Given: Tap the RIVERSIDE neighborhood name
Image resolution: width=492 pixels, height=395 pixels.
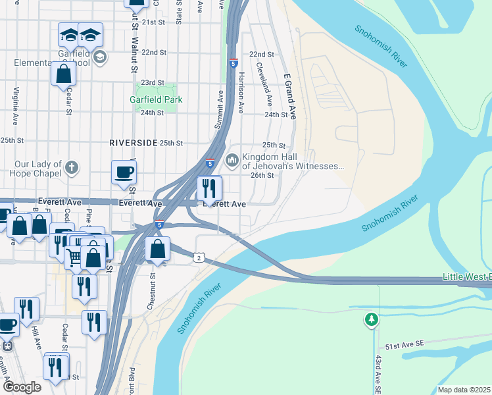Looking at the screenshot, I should pos(134,143).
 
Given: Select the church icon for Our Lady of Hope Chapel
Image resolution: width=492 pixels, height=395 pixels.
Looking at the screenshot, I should pos(72,167).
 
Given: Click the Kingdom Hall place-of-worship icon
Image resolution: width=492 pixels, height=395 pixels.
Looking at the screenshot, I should pos(232,160).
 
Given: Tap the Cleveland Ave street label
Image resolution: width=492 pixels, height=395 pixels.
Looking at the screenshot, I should pos(269,86).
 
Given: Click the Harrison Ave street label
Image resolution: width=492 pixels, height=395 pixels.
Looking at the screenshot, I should pos(242,92).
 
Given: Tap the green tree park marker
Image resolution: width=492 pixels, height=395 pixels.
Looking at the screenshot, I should pos(372,319).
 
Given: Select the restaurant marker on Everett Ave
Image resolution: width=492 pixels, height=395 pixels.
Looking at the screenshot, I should pos(209,188).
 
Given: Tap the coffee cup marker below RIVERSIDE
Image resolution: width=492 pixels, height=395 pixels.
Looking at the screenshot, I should pos(124,172).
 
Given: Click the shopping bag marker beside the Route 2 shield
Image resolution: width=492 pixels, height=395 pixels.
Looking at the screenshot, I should pos(157,250).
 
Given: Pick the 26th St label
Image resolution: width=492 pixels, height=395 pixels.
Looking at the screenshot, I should pos(262,175).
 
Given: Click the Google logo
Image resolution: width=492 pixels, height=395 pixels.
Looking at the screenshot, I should pos(23,387).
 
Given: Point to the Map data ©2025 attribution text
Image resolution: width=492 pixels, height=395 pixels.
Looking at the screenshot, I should pos(464,390).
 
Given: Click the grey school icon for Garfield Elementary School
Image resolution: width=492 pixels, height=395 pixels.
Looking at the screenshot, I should pos(99,57).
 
